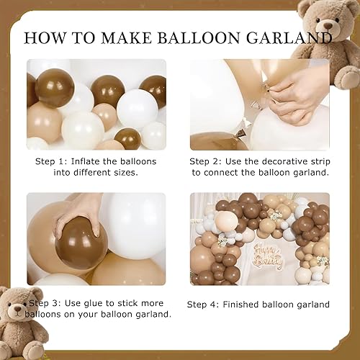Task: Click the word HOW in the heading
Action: (45, 38)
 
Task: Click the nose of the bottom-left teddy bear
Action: (17, 308)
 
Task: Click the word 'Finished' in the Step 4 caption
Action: (240, 305)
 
